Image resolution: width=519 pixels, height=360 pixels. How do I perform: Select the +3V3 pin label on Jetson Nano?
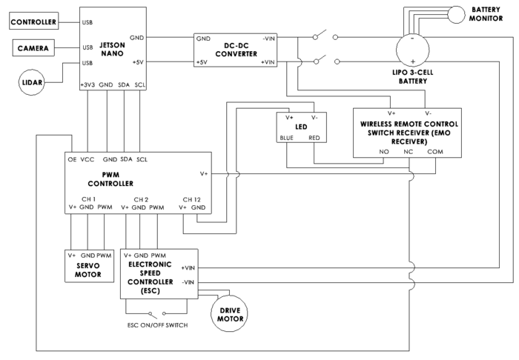coord(87,85)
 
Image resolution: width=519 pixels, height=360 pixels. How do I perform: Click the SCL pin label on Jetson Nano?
coord(139,85)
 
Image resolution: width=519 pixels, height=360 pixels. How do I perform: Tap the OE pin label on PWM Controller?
coord(72,159)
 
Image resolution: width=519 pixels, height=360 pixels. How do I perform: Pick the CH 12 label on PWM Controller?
coord(191,199)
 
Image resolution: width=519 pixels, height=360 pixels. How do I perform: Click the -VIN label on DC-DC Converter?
coord(268,39)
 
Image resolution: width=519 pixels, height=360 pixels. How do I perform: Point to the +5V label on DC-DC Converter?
coord(202,62)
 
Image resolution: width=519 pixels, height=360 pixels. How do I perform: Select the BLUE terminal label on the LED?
coord(286,138)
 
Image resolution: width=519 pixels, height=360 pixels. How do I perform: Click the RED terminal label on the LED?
coord(314,138)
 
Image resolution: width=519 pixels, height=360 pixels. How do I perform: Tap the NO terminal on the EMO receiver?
coord(384,152)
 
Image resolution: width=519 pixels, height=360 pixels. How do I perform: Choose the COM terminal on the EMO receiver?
coord(435,152)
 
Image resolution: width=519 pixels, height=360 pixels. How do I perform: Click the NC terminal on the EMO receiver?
coord(409,152)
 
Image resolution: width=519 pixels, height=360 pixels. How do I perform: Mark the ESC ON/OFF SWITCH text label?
coord(157,325)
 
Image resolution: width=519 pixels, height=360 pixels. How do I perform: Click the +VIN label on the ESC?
coord(188,268)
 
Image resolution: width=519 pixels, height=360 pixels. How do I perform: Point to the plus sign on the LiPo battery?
coord(413,61)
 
